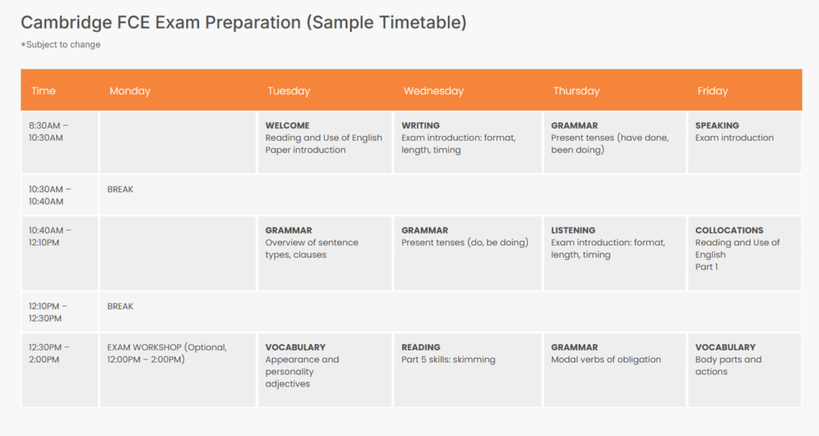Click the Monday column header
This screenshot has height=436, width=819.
pyautogui.click(x=130, y=91)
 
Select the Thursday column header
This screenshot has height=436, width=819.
pyautogui.click(x=576, y=91)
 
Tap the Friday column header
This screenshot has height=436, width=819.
pyautogui.click(x=713, y=91)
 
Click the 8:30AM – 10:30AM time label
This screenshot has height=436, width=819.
pyautogui.click(x=49, y=131)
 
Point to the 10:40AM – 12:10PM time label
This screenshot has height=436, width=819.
pyautogui.click(x=50, y=236)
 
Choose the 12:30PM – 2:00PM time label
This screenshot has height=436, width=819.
pyautogui.click(x=49, y=353)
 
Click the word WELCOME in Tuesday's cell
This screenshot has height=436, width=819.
pyautogui.click(x=287, y=126)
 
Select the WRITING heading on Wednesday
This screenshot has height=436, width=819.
pyautogui.click(x=421, y=126)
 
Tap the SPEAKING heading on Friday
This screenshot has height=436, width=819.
pyautogui.click(x=717, y=126)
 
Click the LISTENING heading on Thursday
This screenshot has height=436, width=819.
pyautogui.click(x=573, y=230)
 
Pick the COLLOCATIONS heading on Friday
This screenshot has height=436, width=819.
pyautogui.click(x=729, y=230)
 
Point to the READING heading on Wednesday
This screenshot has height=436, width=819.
pyautogui.click(x=421, y=347)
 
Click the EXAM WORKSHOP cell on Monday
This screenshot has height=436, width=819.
pyautogui.click(x=167, y=353)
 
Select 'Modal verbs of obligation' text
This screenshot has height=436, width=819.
pyautogui.click(x=606, y=359)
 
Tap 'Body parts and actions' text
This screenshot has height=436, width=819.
pyautogui.click(x=728, y=366)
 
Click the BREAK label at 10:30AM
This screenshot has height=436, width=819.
pyautogui.click(x=120, y=190)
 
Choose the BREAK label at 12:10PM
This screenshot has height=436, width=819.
pyautogui.click(x=120, y=306)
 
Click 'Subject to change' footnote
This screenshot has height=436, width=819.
pyautogui.click(x=62, y=45)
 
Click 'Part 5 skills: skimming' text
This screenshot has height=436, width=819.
pyautogui.click(x=449, y=359)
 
